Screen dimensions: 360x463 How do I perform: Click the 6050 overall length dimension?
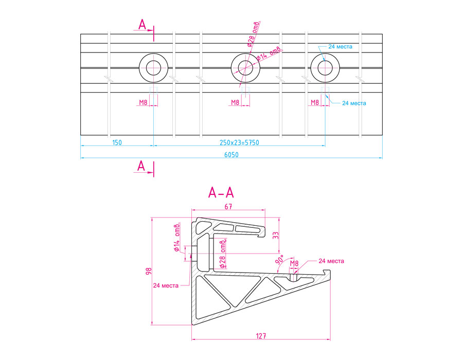[231, 154]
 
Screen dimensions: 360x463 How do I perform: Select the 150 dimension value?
[117, 142]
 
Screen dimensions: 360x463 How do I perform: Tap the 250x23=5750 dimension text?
[239, 142]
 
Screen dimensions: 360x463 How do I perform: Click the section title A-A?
[221, 193]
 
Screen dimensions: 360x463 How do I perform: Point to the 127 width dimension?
[261, 336]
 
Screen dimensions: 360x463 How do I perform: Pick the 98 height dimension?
[148, 271]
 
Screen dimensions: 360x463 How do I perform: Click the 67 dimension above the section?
[228, 207]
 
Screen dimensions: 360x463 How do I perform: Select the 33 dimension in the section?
[275, 235]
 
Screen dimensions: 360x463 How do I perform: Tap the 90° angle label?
[280, 260]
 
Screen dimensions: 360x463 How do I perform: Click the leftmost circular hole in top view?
[154, 67]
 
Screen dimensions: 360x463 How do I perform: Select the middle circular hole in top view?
[246, 67]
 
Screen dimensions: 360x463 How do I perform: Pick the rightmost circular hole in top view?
[325, 67]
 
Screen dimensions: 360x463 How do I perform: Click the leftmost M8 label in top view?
[144, 102]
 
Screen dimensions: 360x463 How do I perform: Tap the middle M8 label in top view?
[235, 102]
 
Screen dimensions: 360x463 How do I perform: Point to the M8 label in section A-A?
[294, 264]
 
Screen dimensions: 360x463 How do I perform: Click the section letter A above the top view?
[143, 24]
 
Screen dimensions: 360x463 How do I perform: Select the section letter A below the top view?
[143, 165]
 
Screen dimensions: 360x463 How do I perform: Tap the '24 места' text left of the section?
[165, 285]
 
